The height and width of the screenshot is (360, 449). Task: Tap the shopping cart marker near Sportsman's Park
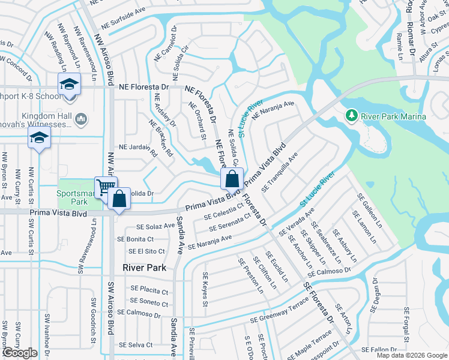(x=105, y=187)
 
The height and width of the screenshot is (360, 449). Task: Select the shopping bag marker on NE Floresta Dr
(x=232, y=178)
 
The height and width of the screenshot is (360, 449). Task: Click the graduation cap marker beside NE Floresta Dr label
(x=69, y=83)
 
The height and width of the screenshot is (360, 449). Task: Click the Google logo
(x=20, y=353)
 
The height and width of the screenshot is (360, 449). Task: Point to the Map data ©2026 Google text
(x=411, y=355)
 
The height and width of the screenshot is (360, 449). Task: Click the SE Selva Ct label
(x=136, y=345)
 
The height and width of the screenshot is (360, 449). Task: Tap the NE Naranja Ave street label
(x=273, y=111)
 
